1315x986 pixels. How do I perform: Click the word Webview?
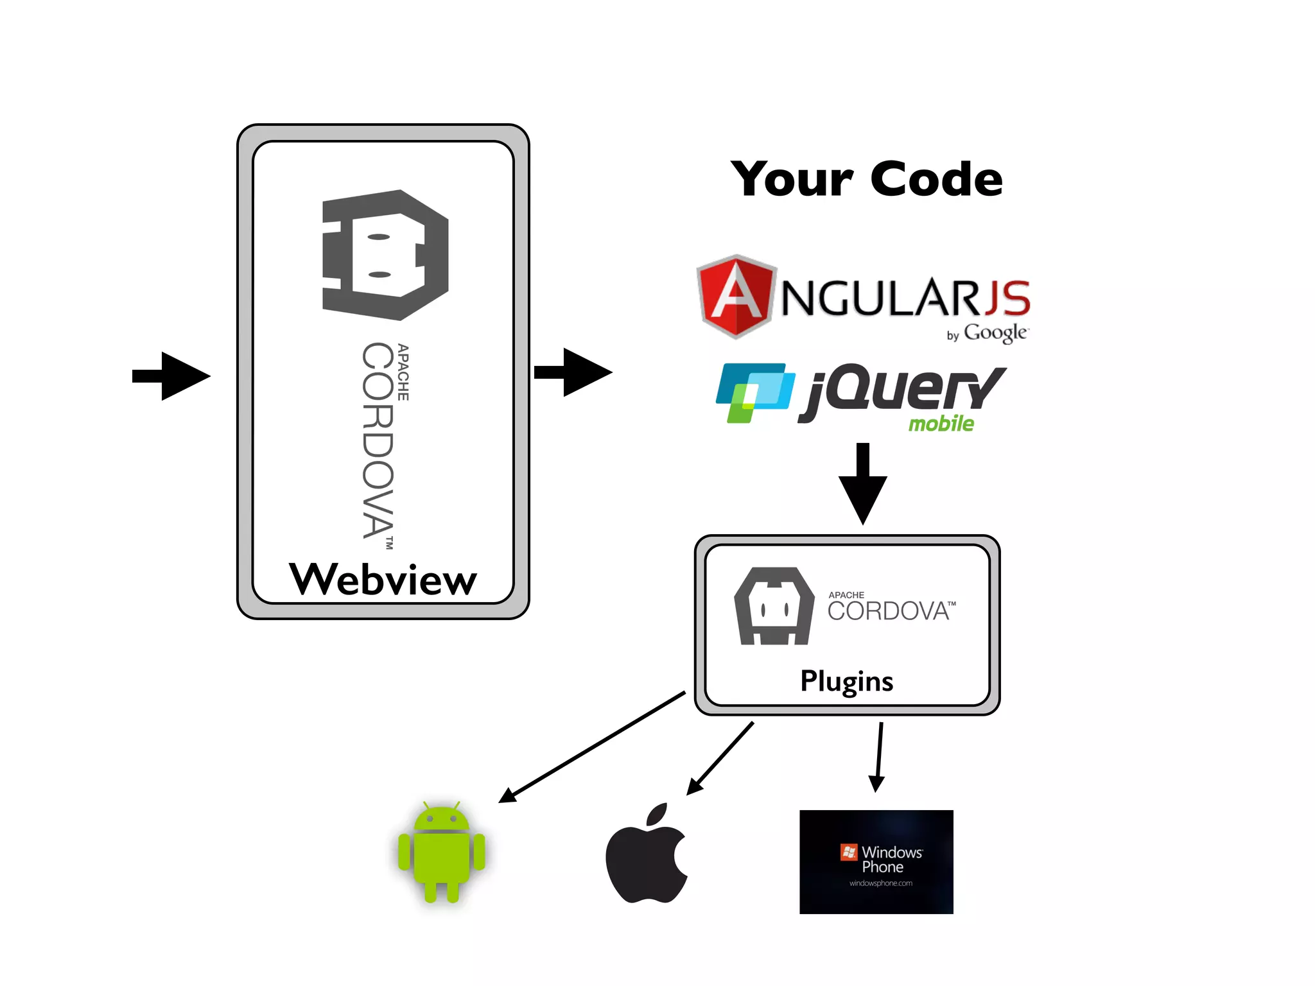click(383, 579)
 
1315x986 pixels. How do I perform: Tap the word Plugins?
click(846, 681)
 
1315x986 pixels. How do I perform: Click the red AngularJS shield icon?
click(736, 297)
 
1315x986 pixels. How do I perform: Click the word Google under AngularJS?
click(995, 333)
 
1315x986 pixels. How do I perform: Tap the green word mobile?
click(941, 424)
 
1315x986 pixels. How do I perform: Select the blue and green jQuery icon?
click(754, 392)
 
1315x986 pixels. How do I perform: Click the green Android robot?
click(441, 852)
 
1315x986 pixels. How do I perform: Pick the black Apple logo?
click(647, 854)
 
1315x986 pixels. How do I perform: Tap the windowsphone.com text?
click(880, 883)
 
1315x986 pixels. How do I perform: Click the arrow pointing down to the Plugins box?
click(863, 483)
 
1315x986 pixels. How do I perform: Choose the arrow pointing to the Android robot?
click(591, 748)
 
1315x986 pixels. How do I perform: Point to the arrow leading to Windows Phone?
click(878, 757)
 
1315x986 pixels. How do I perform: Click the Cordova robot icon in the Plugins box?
click(775, 606)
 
